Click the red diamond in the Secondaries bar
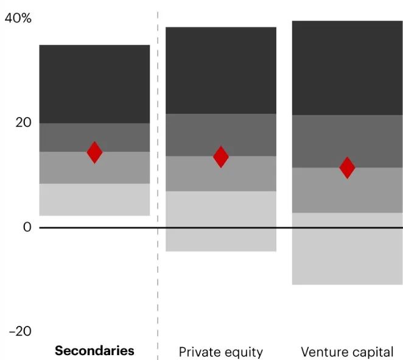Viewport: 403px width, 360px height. coord(94,152)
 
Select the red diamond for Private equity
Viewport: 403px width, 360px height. coord(221,157)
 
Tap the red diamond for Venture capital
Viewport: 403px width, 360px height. coord(347,168)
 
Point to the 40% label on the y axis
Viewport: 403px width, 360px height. coord(18,19)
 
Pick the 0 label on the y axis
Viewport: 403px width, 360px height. coord(26,227)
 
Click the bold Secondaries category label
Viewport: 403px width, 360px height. coord(94,351)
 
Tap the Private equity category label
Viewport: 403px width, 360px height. coord(220,352)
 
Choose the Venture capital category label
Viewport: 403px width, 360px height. coord(347,352)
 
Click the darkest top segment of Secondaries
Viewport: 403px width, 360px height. coord(94,84)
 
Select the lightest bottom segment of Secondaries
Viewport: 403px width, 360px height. coord(94,200)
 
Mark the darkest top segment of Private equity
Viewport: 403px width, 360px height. coord(221,70)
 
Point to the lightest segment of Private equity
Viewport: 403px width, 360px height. coord(221,221)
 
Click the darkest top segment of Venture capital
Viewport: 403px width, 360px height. coord(347,68)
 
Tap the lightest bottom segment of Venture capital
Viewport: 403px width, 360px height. coord(347,249)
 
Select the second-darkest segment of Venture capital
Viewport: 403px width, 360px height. coord(347,141)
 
